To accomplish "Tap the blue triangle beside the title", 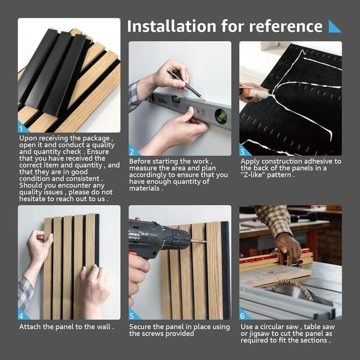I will (x=335, y=26).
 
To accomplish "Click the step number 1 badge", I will (x=22, y=129).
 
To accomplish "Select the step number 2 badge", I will (x=133, y=151).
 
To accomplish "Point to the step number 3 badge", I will (x=244, y=151).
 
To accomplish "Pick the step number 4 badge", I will (x=22, y=315).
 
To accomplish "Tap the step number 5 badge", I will (x=133, y=315).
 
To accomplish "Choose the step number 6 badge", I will (x=244, y=315).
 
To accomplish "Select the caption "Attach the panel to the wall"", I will (x=66, y=326).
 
